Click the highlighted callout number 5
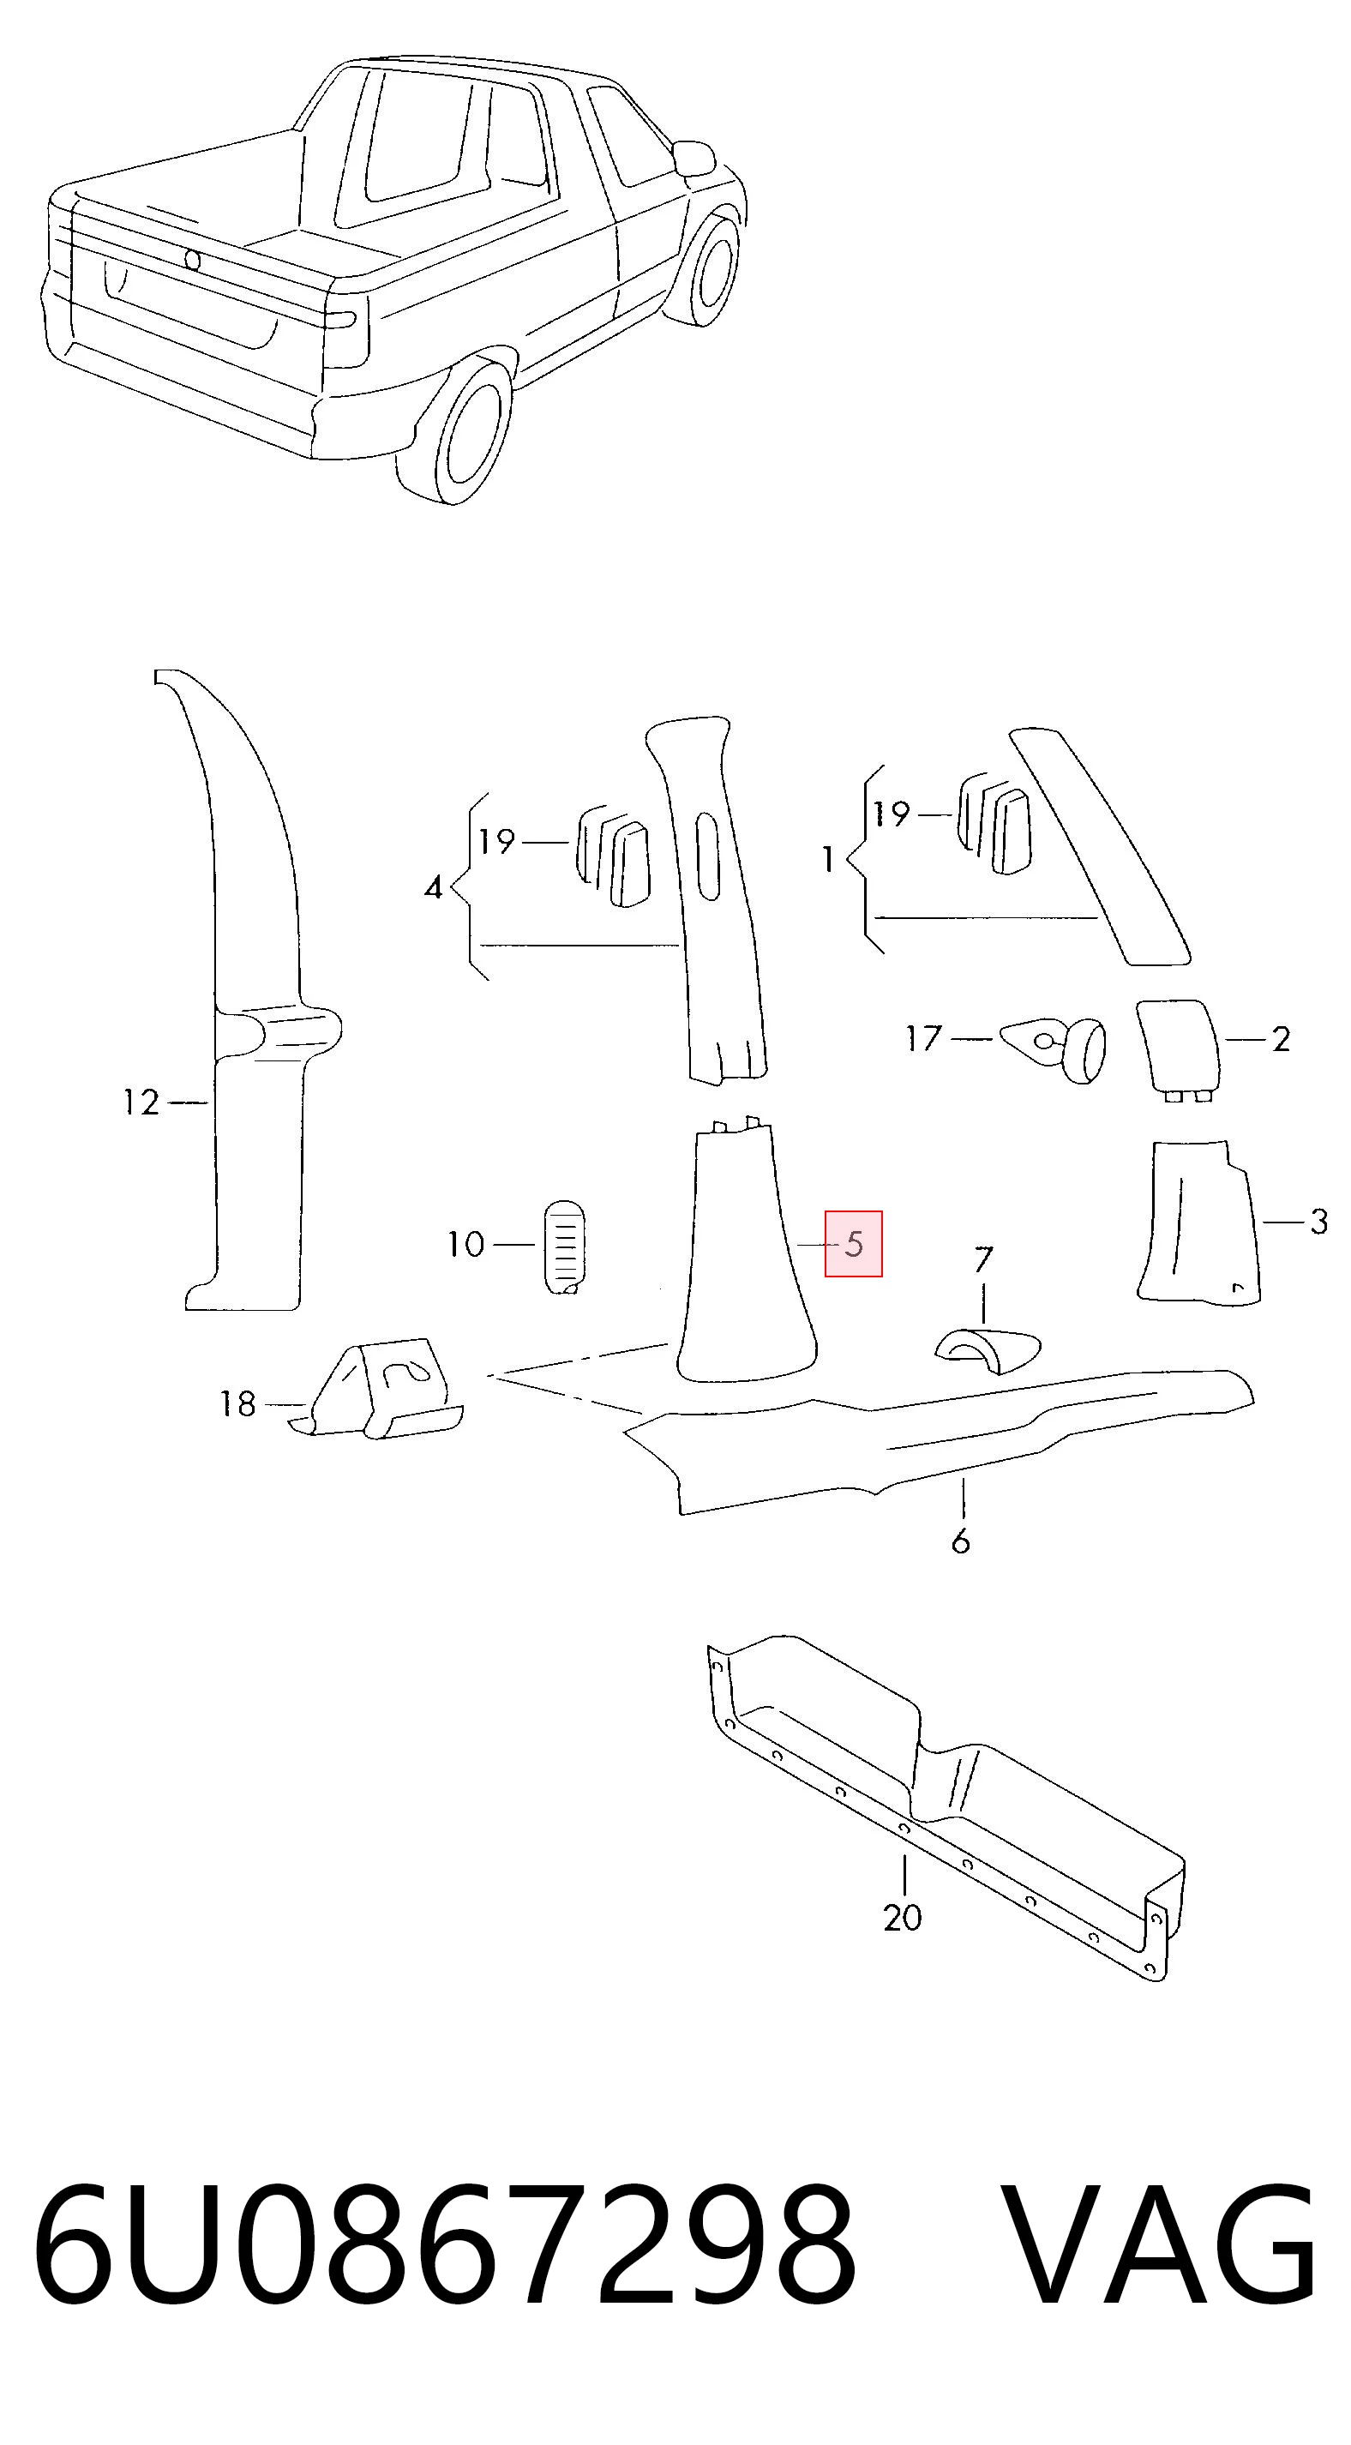point(854,1243)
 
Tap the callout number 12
point(141,1102)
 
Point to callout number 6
point(961,1541)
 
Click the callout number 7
point(983,1259)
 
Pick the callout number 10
point(466,1243)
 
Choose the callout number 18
point(238,1403)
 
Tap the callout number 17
point(924,1038)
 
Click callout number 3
point(1318,1222)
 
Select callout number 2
point(1281,1039)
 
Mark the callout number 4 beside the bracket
point(434,888)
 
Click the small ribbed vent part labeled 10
point(564,1246)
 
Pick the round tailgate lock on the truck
point(192,260)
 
